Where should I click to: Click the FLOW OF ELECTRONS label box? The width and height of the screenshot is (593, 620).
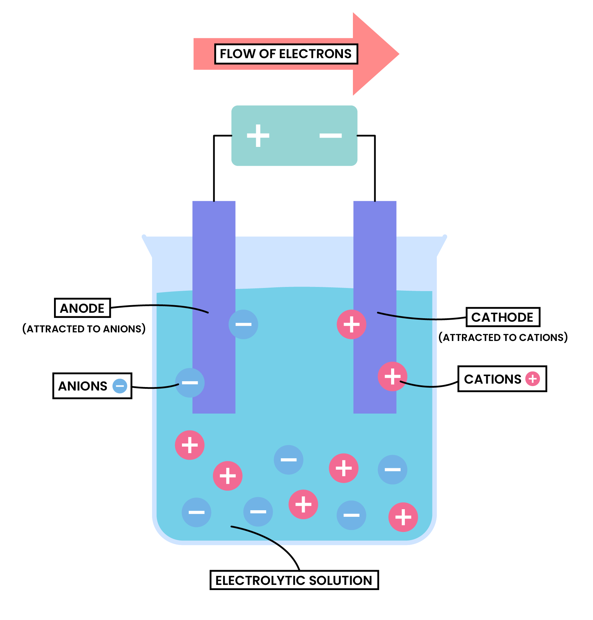tap(286, 54)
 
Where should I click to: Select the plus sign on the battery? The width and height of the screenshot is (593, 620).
tap(258, 136)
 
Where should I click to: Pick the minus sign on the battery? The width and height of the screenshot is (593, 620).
tap(331, 136)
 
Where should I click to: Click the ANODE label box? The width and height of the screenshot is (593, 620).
tap(82, 308)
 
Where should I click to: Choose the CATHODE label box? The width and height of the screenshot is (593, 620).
tap(503, 317)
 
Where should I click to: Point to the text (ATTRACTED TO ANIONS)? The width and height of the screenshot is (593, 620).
tap(84, 329)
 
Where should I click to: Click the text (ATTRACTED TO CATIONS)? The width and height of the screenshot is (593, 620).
tap(503, 337)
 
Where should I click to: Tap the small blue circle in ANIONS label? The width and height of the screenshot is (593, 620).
tap(120, 386)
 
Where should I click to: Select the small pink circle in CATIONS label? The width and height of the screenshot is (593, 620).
tap(532, 379)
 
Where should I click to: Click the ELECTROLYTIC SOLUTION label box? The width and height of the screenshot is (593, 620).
tap(294, 580)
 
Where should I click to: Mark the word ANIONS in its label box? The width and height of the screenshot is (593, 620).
tap(83, 386)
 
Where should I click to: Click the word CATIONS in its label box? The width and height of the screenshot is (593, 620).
tap(493, 379)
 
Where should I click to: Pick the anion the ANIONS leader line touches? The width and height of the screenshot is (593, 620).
tap(190, 383)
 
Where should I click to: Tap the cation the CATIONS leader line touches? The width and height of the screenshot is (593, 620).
tap(392, 376)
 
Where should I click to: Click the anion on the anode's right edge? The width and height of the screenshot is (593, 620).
tap(243, 324)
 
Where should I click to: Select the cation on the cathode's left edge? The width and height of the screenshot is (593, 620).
tap(351, 324)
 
